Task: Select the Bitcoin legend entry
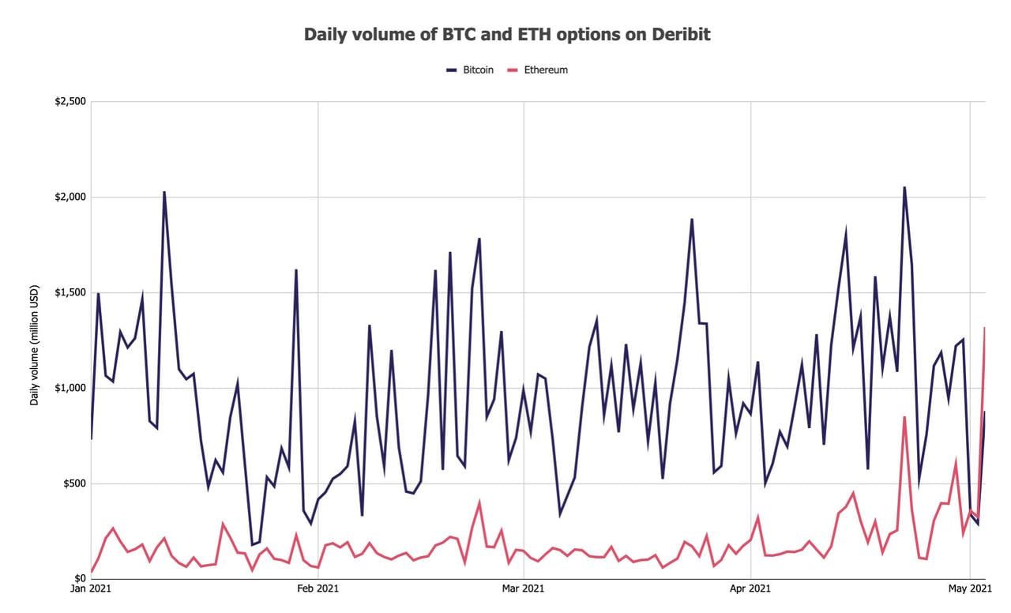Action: click(470, 70)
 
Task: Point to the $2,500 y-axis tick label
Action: click(70, 102)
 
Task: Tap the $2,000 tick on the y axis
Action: click(70, 197)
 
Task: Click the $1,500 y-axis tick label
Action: click(70, 293)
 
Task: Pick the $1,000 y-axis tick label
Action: click(70, 388)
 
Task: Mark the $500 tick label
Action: click(73, 483)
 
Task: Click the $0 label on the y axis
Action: click(79, 579)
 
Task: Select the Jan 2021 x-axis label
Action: click(91, 589)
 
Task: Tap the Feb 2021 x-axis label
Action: click(318, 589)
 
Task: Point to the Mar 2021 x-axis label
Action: click(523, 589)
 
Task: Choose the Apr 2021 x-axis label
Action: click(750, 589)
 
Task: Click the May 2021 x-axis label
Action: click(969, 589)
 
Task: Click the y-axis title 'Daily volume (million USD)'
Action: click(35, 340)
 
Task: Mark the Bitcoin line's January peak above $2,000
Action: click(164, 192)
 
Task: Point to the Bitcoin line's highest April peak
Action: click(904, 187)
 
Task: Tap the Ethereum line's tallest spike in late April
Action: click(904, 417)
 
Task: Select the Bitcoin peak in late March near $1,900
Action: click(692, 220)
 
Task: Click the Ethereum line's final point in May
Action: click(984, 328)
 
